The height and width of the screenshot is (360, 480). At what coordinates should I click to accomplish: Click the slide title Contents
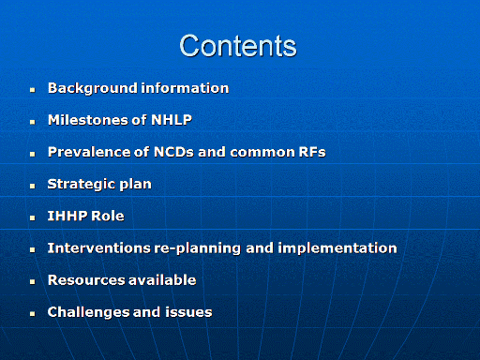coord(238,46)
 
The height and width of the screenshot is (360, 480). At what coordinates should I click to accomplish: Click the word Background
coord(93,88)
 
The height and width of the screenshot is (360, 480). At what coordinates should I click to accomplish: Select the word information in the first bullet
coord(185,88)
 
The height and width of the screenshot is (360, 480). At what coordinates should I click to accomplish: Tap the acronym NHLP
coord(172,120)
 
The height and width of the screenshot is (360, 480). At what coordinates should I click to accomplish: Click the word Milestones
coord(97,120)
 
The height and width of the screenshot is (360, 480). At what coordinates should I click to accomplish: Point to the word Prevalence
coord(89,152)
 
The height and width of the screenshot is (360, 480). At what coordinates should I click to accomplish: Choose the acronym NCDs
coord(173,152)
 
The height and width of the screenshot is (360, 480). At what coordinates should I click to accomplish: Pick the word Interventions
coord(99,248)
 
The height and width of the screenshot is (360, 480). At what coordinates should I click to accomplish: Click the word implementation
coord(337,248)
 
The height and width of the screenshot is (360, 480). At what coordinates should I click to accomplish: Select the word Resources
coord(86,280)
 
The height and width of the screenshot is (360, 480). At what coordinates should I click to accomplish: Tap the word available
coord(162,280)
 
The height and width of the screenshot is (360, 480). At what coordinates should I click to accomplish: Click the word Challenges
coord(88,312)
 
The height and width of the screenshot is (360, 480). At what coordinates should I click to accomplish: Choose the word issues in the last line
coord(188,312)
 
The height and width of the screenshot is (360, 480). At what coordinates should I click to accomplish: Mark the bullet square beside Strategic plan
coord(33,187)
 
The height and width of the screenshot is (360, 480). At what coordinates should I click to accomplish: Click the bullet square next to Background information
coord(33,90)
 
